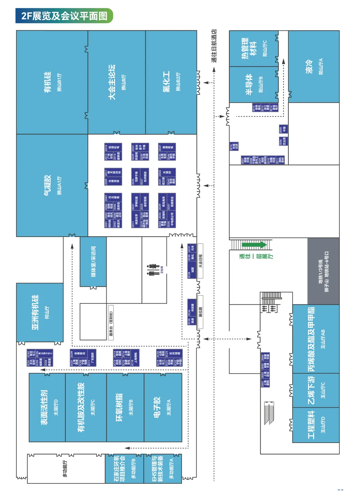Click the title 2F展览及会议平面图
(x=64, y=16)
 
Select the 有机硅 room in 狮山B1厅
(x=52, y=82)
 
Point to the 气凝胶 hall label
(x=52, y=185)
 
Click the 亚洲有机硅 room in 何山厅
(x=40, y=312)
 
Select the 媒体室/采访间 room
(x=93, y=262)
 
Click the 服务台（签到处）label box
(x=111, y=323)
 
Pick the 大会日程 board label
(x=200, y=261)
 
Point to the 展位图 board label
(x=200, y=312)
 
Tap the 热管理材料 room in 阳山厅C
(x=253, y=48)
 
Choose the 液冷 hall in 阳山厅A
(x=314, y=67)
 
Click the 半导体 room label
(x=253, y=85)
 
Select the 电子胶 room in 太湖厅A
(x=163, y=407)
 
